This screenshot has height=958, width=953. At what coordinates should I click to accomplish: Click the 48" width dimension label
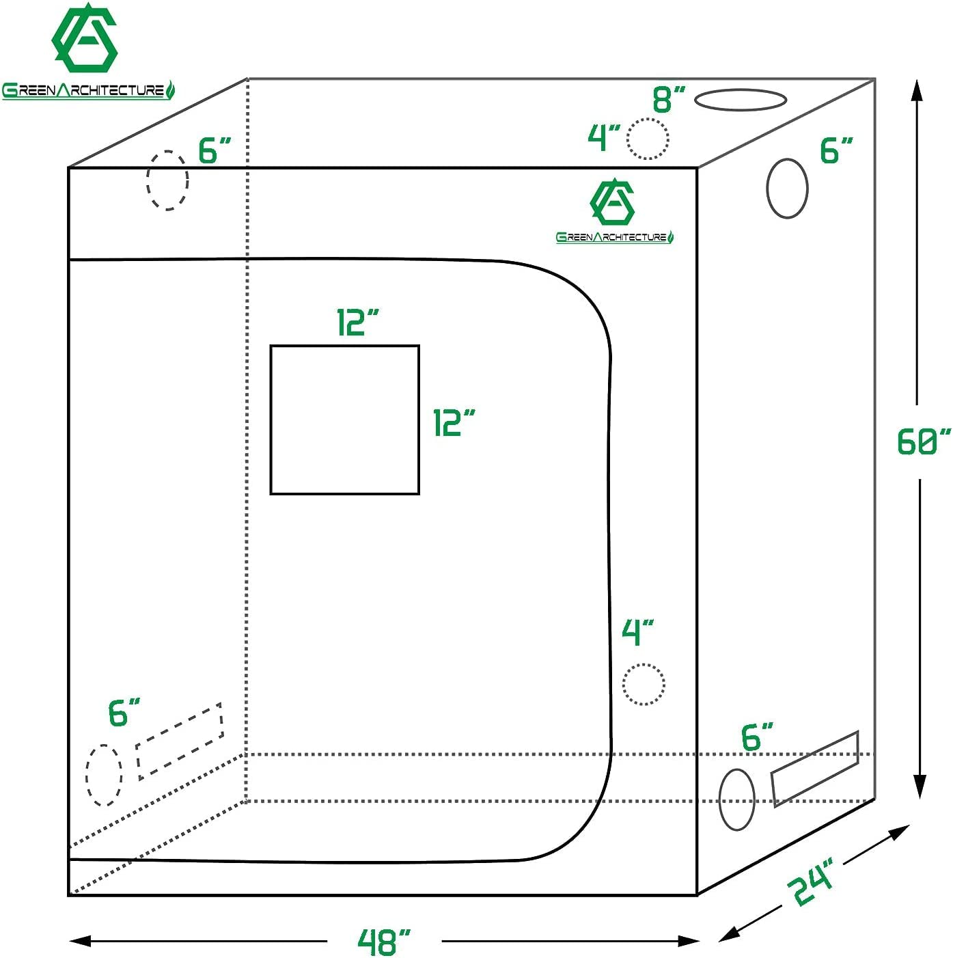click(385, 942)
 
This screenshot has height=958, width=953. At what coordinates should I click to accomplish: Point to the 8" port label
click(668, 100)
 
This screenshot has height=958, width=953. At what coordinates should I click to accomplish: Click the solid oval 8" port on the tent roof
click(741, 100)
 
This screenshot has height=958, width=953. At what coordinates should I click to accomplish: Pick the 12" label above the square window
click(357, 323)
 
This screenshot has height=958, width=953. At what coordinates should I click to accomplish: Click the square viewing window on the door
click(344, 420)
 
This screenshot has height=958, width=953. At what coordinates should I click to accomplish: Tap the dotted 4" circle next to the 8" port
click(648, 139)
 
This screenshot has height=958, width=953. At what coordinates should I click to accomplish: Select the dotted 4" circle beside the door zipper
click(644, 684)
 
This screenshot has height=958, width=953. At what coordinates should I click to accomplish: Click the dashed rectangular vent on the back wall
click(180, 741)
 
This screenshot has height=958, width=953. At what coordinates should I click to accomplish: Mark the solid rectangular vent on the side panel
click(815, 769)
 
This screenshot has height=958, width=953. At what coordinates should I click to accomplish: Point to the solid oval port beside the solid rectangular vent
click(737, 799)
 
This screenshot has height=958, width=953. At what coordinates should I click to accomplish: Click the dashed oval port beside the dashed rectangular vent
click(104, 775)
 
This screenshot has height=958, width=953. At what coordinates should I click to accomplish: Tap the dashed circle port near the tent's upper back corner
click(167, 180)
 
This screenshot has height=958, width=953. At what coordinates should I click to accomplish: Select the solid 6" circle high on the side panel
click(787, 189)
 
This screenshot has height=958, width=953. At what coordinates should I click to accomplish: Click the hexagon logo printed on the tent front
click(612, 203)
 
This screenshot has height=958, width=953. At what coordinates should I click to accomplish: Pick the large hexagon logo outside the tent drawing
click(85, 40)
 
